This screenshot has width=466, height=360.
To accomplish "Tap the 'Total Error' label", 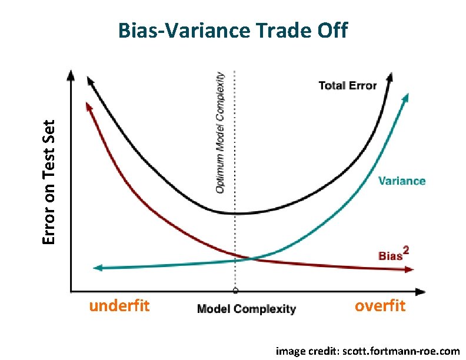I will coord(347,85).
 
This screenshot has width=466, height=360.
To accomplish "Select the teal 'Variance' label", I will coord(401,181).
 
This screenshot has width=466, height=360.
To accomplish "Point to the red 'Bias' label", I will coord(389,255).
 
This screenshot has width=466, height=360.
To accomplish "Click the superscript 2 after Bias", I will coord(405,251).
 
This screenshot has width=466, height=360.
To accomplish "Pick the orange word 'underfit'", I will coord(119,306).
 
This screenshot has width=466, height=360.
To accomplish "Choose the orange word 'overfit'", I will coord(380,306).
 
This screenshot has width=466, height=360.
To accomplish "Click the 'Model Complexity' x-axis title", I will coord(246,309).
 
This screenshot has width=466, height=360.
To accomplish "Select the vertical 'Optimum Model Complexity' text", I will coord(219,132).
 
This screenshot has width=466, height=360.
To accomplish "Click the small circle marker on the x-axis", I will coord(235,290).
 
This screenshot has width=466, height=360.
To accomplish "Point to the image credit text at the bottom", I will coord(368,351).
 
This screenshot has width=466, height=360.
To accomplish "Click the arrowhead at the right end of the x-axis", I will coord(421,291).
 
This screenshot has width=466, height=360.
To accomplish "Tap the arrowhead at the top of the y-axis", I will coord(71,75).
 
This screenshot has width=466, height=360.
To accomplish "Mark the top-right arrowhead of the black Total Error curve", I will coord(390,76).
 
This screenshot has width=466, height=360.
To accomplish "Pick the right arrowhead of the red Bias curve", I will coord(410,269).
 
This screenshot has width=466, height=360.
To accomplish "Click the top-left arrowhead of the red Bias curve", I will coord(88,105).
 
